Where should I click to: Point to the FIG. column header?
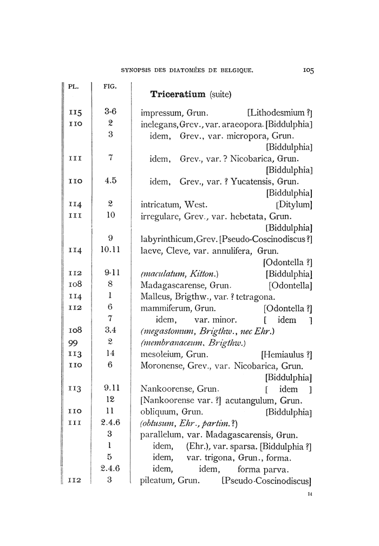pos(109,86)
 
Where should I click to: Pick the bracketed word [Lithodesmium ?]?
pos(279,113)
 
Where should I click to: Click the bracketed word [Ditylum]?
pos(295,205)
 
